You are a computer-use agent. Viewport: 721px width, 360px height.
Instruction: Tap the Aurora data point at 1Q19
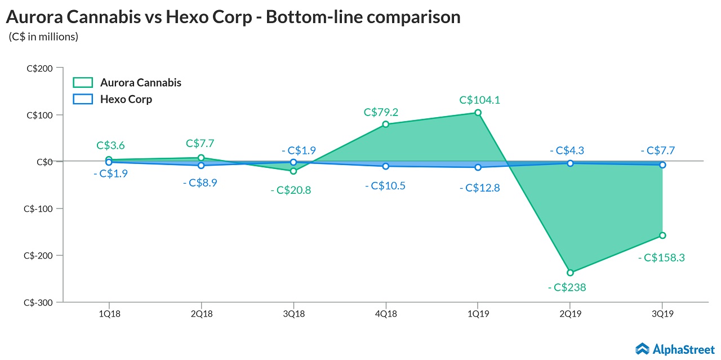click(x=478, y=113)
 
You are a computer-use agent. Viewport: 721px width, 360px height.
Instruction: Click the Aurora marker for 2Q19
click(x=570, y=273)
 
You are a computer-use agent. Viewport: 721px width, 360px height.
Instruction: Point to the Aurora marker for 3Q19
click(x=662, y=235)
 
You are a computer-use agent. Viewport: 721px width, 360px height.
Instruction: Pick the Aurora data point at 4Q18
click(x=385, y=124)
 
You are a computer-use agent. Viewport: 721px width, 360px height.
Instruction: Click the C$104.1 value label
click(x=480, y=100)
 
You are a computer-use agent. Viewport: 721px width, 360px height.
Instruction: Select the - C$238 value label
click(x=567, y=287)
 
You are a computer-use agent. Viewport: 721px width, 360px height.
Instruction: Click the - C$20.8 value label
click(x=290, y=190)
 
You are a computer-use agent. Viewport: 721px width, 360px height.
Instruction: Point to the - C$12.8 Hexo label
click(x=479, y=188)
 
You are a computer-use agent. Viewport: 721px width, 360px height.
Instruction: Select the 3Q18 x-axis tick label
click(x=293, y=313)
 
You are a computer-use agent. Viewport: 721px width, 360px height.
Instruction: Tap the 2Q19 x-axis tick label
click(x=570, y=313)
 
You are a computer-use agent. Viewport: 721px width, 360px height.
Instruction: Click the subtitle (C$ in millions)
click(x=43, y=37)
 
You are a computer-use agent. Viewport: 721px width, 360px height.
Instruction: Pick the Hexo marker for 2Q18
click(x=201, y=165)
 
